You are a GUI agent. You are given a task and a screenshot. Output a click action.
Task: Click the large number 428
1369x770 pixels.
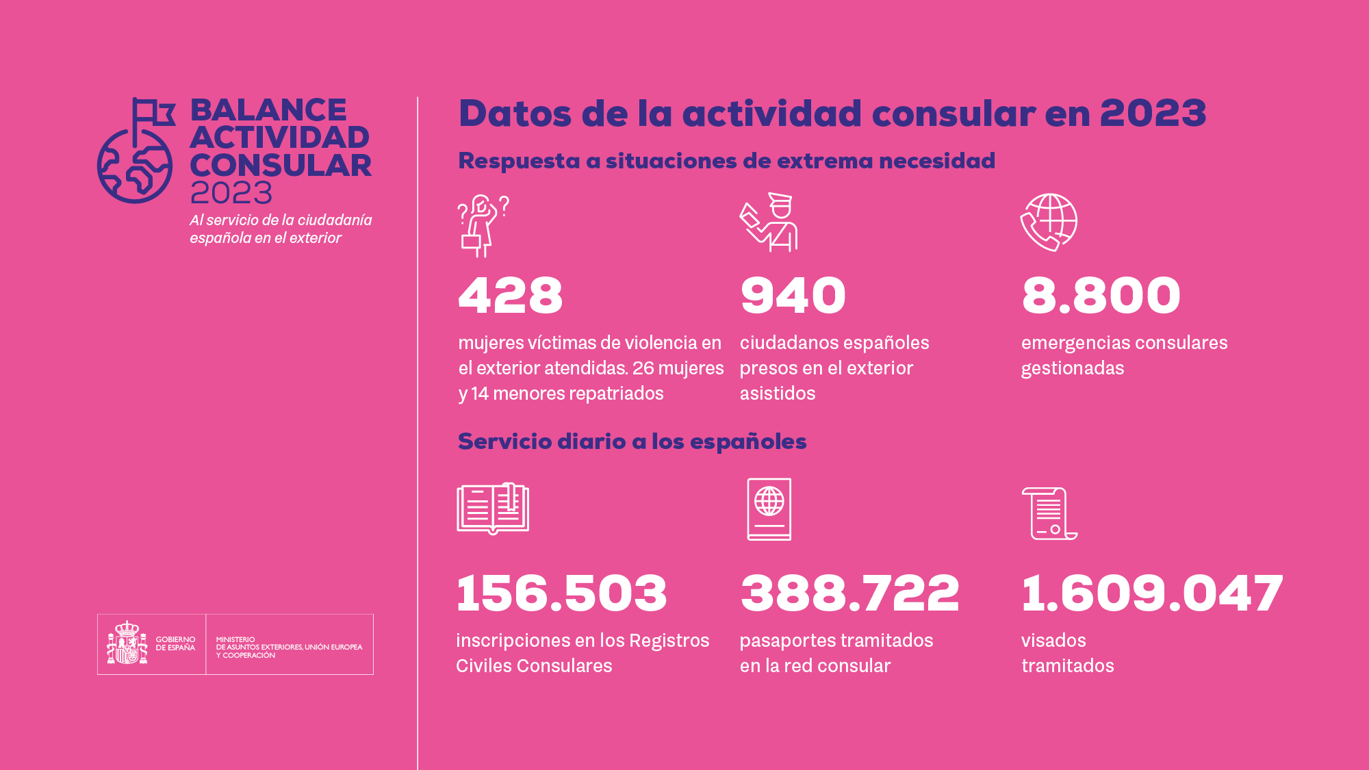point(510,296)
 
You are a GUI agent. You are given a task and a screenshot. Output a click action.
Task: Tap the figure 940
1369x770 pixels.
point(793,296)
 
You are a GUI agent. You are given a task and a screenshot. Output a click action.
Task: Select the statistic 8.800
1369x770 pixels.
point(1101,296)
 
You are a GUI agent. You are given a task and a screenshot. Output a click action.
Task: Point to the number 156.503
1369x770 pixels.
point(561,593)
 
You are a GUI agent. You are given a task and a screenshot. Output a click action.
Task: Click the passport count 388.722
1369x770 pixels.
point(849,593)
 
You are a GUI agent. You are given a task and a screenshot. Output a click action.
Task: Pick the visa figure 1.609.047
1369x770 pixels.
point(1152,593)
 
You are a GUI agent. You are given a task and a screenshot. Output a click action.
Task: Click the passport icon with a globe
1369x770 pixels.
point(769,509)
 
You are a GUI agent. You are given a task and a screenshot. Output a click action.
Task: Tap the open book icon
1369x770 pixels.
point(493,509)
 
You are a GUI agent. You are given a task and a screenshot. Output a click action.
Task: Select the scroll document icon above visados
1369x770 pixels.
point(1049,513)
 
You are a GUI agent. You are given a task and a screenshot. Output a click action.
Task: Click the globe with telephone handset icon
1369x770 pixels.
point(1049,222)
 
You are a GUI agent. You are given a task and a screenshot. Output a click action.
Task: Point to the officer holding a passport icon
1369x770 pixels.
point(769,222)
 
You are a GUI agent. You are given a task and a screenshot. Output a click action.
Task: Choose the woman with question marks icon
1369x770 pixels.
point(483,225)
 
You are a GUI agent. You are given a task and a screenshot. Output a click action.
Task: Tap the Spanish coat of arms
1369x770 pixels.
point(127,643)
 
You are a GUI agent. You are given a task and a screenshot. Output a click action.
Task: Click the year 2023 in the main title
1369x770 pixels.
point(1153,113)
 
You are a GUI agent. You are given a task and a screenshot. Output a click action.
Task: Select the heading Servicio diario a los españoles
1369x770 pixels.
point(632,441)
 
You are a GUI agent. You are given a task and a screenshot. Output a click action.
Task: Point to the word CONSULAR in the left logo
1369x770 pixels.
point(281,166)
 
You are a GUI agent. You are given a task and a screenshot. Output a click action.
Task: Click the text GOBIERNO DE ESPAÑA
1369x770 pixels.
point(175,643)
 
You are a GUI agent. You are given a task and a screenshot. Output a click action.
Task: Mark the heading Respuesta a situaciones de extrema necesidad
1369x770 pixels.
point(726,161)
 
